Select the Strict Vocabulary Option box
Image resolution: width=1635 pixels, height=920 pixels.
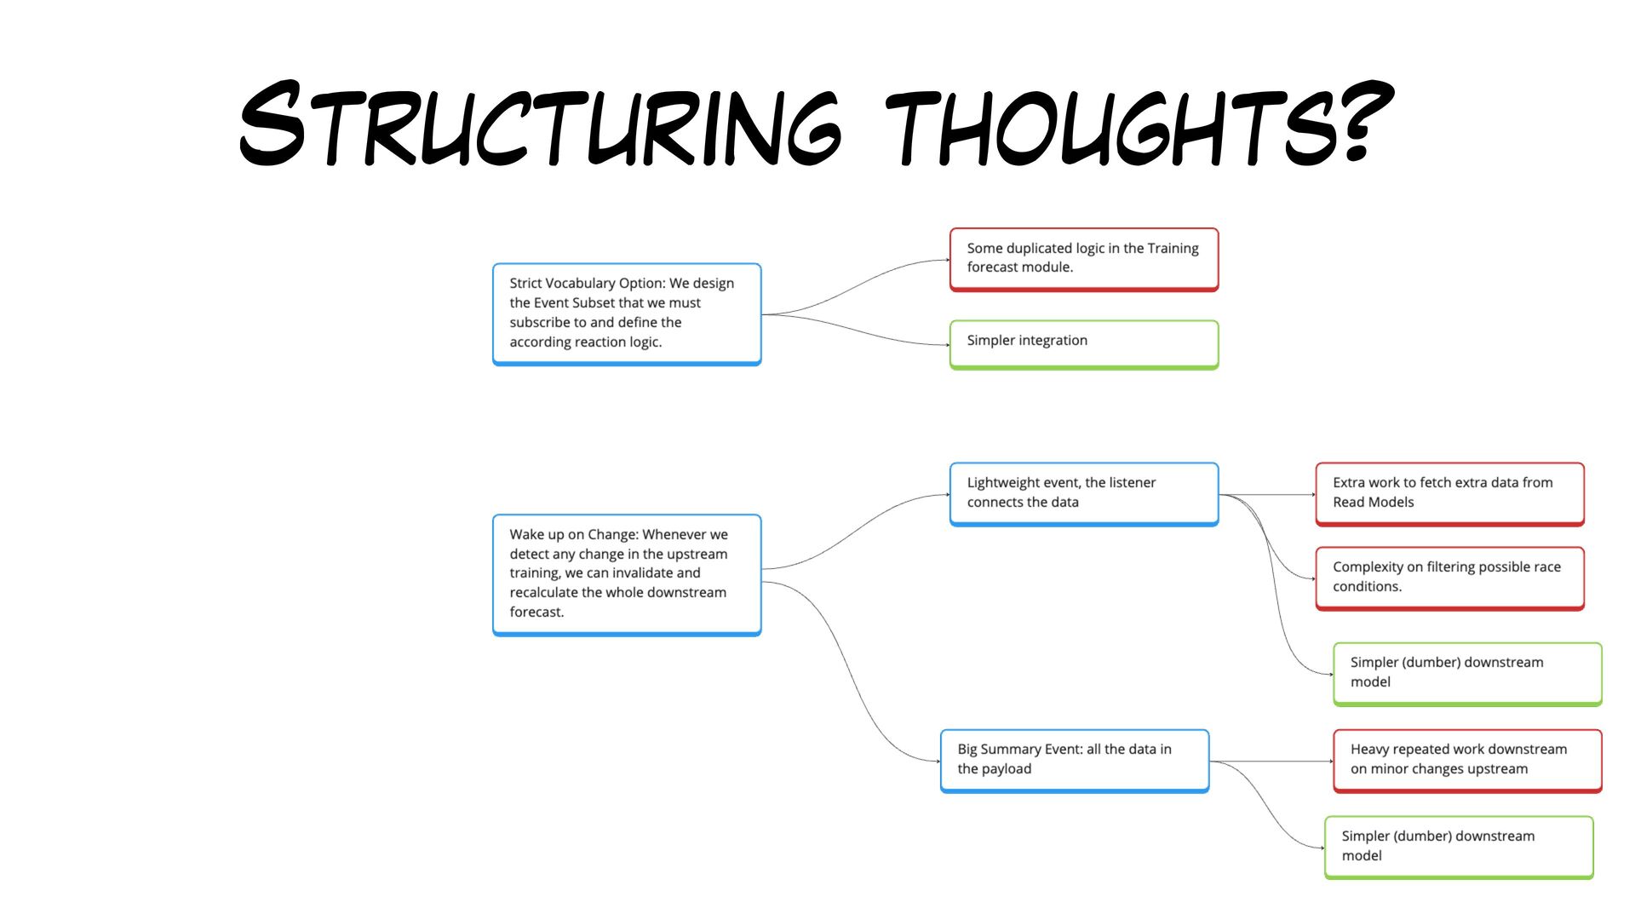(x=627, y=313)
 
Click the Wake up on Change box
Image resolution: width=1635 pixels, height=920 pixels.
(x=627, y=574)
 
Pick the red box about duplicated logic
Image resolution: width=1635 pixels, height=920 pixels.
(x=1083, y=259)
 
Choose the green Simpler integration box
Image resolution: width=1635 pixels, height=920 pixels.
(x=1083, y=343)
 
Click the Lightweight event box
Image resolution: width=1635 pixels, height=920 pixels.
(x=1083, y=493)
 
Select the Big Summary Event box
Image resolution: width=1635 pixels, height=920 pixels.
(x=1075, y=760)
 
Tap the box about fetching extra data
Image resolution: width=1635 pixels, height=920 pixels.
(x=1449, y=493)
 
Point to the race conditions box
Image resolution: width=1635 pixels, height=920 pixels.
(x=1449, y=578)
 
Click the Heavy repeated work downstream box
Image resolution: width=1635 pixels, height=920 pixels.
(x=1466, y=760)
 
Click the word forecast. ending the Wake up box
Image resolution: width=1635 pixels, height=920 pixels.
(x=536, y=612)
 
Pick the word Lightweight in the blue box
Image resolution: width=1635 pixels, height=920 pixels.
(x=1003, y=483)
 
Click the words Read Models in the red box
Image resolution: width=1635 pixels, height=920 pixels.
(x=1373, y=503)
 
